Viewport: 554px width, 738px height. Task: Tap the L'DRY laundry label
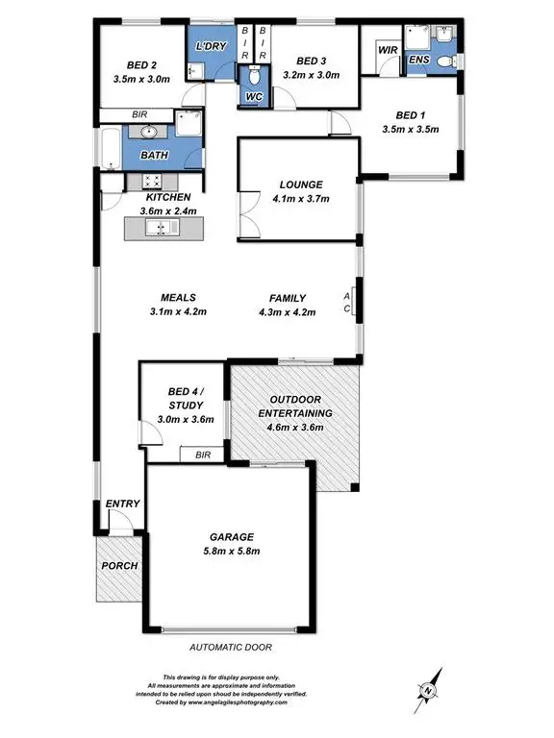[212, 47]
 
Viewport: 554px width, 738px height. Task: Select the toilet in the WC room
[255, 80]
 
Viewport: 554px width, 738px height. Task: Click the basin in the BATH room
[149, 134]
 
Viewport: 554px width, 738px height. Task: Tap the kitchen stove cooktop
[151, 180]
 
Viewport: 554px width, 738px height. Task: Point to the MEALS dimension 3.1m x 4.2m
[179, 311]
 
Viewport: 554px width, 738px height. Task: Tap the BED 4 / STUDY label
[184, 398]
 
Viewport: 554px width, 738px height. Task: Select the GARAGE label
[232, 536]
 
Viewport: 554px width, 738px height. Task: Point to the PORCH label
[119, 565]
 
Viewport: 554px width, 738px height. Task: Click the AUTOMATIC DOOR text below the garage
[230, 648]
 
